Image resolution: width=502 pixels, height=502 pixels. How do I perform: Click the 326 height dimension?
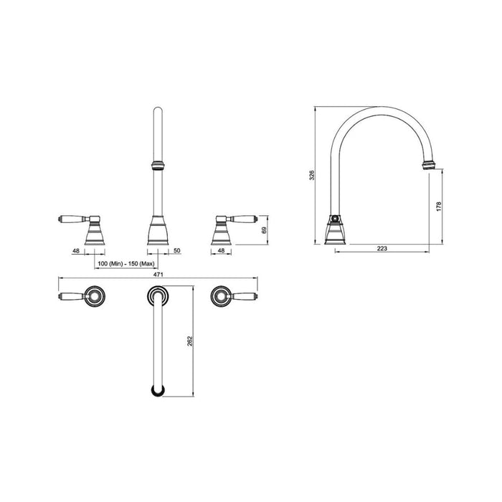[x=311, y=175]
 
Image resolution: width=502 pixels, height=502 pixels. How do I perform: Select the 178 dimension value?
[x=439, y=207]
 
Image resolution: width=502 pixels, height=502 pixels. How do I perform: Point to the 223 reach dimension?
[x=382, y=249]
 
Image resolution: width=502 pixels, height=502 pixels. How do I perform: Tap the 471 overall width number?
[x=159, y=275]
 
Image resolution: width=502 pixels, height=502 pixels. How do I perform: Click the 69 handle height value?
[x=264, y=230]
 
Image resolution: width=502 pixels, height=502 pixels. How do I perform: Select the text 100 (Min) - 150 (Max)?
[x=128, y=265]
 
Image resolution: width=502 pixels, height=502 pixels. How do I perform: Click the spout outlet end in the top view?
[x=158, y=390]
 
